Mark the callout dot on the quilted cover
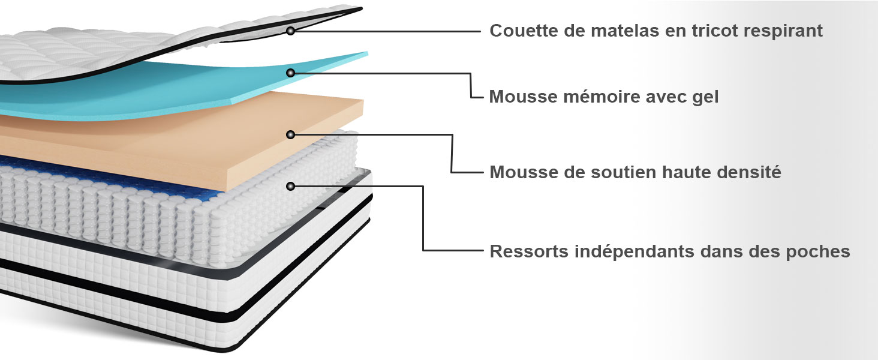290,30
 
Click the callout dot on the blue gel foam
290,73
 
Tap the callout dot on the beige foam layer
290,134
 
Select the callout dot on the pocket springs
290,187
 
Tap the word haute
690,173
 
